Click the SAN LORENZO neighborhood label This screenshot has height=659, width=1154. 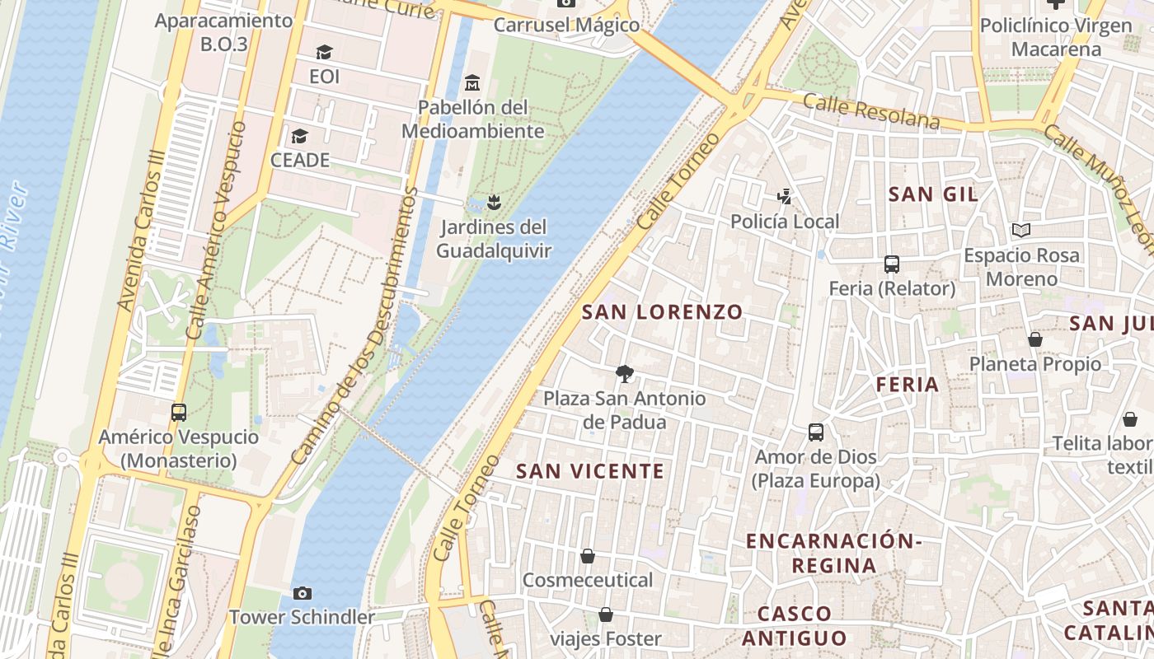663,312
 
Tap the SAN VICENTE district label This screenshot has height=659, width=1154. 589,471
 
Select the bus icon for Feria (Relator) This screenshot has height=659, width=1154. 892,264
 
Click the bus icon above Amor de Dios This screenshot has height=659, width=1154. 816,432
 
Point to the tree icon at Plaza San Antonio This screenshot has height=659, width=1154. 625,374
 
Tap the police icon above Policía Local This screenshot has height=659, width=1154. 785,196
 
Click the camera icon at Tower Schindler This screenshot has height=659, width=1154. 303,593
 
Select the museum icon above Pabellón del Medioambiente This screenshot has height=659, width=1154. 472,83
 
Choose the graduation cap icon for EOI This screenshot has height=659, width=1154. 324,53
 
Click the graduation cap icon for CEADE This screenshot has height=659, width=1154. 299,136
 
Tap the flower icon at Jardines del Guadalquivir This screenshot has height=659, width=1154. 494,202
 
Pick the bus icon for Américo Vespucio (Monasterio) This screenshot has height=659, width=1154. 179,413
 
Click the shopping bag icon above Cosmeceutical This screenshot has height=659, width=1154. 588,556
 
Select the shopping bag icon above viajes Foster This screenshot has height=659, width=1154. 606,615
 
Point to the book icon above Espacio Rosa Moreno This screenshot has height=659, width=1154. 1021,231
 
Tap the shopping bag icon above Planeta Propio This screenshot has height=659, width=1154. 1035,339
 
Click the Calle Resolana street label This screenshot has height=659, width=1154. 870,111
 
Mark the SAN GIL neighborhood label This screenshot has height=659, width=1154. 933,194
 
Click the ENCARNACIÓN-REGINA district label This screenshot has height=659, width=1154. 833,553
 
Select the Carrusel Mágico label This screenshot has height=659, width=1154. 566,25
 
